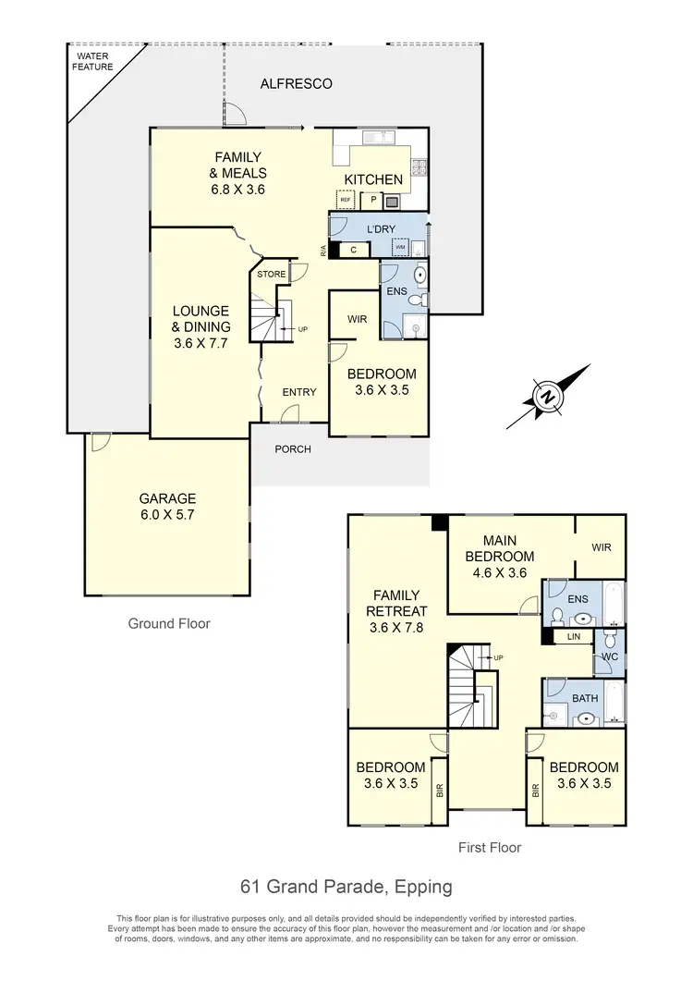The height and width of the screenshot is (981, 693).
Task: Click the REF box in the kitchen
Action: coord(346,200)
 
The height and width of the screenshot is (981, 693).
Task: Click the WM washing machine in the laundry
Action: coord(400,248)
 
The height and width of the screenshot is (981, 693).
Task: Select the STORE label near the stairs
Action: coord(271,275)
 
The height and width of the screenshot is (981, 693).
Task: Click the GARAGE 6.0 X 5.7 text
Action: coord(167,507)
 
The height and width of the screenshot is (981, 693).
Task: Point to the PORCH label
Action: coord(293,449)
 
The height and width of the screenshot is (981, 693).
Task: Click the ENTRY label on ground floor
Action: coord(299,392)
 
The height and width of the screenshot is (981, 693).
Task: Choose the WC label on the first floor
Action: coord(609,656)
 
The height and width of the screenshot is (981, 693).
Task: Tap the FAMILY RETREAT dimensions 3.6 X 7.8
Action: coord(395,629)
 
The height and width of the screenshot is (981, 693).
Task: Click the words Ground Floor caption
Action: coord(169,624)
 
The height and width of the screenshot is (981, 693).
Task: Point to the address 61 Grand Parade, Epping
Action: coord(346,887)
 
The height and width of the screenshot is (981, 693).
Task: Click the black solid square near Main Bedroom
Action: coord(439,522)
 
